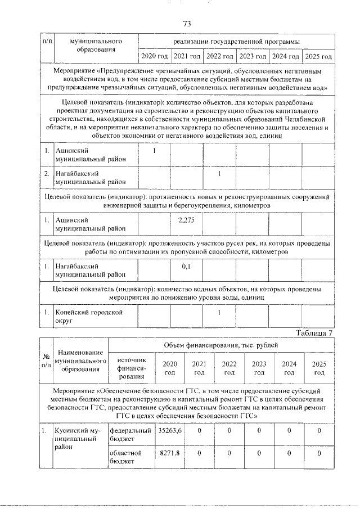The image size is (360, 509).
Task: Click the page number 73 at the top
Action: point(187,24)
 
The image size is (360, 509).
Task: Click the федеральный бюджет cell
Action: point(130,434)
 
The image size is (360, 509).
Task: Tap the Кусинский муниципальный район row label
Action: point(73,438)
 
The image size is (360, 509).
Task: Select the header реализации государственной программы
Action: point(236,42)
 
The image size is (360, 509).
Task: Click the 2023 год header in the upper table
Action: point(253,57)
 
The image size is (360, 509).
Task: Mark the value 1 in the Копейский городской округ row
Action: point(219,311)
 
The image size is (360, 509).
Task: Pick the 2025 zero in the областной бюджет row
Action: point(319,453)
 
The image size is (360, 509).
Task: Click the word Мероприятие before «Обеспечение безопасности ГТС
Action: point(75,389)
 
